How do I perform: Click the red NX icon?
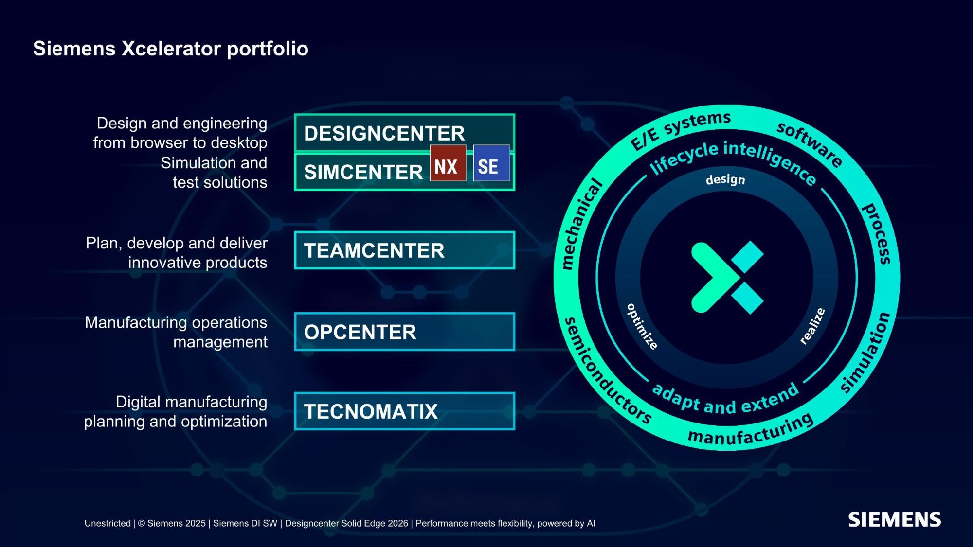point(448,163)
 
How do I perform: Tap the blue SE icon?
point(491,163)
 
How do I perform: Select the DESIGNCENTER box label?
point(384,133)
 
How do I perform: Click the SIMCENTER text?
point(363,172)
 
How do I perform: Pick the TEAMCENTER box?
point(404,250)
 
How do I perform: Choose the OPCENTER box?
point(404,332)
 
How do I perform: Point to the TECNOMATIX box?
point(404,411)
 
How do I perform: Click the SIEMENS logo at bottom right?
point(894,520)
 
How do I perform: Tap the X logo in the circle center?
point(727,278)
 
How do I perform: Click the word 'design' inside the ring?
point(725,179)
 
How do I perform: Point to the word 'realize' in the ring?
point(812,326)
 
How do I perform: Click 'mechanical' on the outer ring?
point(580,224)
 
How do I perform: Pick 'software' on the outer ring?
point(809,144)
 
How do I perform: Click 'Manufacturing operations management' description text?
point(176,332)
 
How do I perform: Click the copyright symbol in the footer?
point(142,523)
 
